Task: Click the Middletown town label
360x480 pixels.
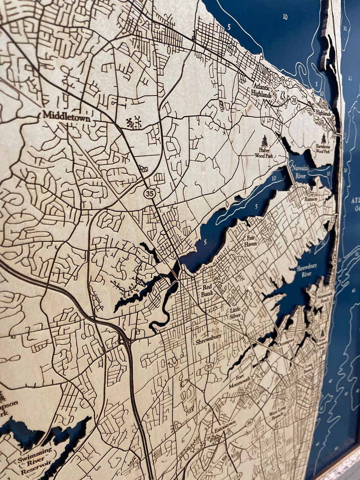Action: point(66,116)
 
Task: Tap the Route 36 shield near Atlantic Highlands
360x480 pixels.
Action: point(294,99)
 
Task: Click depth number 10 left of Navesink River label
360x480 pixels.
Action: point(273,178)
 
